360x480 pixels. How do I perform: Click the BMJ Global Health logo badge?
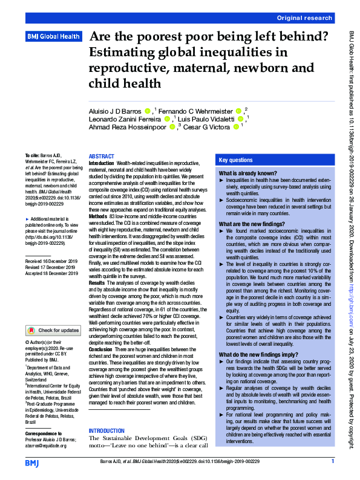point(53,37)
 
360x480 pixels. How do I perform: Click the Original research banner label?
point(304,18)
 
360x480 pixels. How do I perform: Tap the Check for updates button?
point(53,331)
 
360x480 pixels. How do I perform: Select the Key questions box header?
point(236,160)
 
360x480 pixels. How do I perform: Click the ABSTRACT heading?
point(101,156)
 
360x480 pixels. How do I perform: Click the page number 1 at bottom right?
point(333,462)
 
